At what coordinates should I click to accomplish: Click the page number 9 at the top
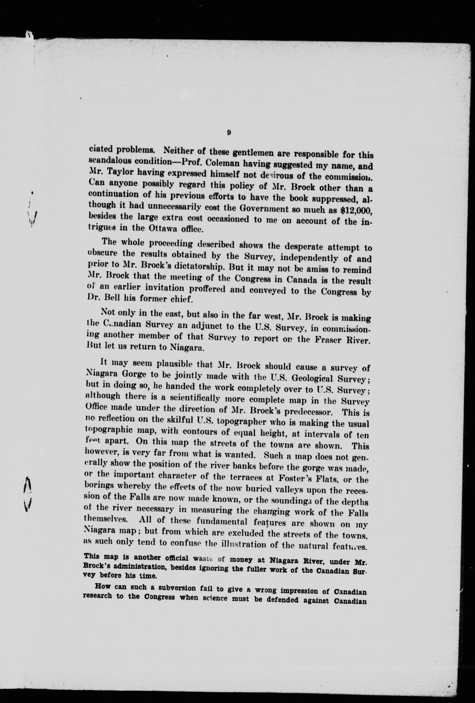pyautogui.click(x=229, y=132)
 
